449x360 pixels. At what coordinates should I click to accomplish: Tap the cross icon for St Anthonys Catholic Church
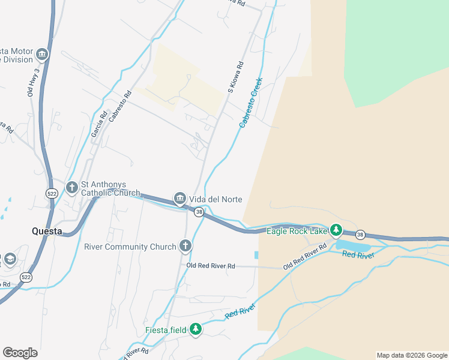(x=71, y=188)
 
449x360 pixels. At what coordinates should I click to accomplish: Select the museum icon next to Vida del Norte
(x=179, y=199)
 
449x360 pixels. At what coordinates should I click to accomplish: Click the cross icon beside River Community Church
(x=185, y=246)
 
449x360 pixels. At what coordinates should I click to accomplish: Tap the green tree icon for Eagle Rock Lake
(x=337, y=230)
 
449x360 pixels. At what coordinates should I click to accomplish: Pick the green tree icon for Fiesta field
(x=196, y=329)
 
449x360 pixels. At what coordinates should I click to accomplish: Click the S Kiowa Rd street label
(x=235, y=77)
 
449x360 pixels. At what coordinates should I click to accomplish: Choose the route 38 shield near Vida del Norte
(x=199, y=212)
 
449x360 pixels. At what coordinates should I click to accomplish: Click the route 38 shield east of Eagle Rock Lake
(x=360, y=234)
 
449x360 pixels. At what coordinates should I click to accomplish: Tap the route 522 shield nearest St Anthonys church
(x=52, y=193)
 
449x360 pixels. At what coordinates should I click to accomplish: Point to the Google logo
(x=20, y=353)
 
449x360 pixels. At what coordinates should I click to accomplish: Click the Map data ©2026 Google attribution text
(x=412, y=355)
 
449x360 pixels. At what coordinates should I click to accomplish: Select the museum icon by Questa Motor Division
(x=42, y=55)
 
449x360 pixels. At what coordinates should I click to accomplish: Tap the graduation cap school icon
(x=10, y=259)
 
